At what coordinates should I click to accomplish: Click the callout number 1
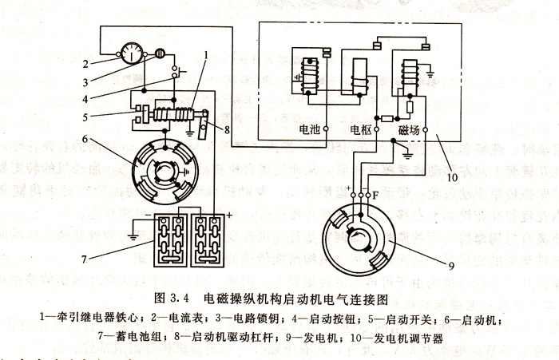pyautogui.click(x=205, y=56)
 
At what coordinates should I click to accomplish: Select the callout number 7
pyautogui.click(x=97, y=235)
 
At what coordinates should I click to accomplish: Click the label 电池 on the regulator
pyautogui.click(x=310, y=128)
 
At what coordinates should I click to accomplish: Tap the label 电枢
pyautogui.click(x=361, y=128)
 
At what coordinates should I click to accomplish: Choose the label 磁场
pyautogui.click(x=409, y=128)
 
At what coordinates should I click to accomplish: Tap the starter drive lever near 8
pyautogui.click(x=204, y=125)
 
